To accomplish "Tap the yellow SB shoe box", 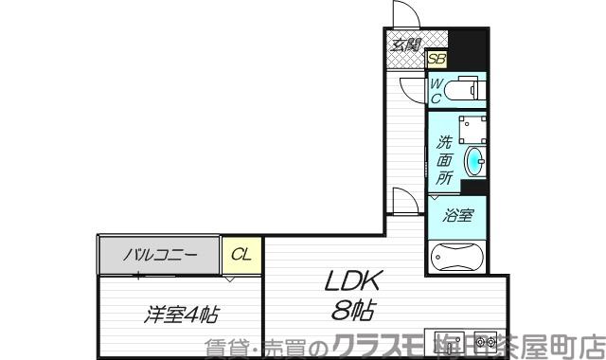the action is pyautogui.click(x=437, y=59).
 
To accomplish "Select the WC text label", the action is pyautogui.click(x=437, y=91).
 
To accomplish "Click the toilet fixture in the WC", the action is pyautogui.click(x=465, y=91).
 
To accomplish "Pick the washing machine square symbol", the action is pyautogui.click(x=464, y=130).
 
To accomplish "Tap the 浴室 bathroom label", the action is pyautogui.click(x=458, y=215).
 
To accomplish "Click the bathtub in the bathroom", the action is pyautogui.click(x=457, y=258).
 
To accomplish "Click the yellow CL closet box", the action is pyautogui.click(x=241, y=254).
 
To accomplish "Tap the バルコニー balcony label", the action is pyautogui.click(x=160, y=254).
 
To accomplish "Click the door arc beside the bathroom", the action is pyautogui.click(x=404, y=201).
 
